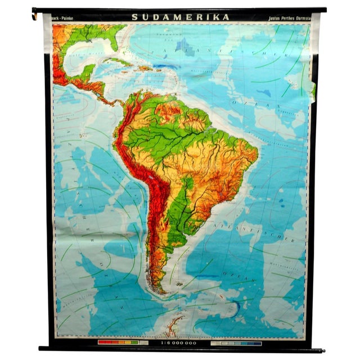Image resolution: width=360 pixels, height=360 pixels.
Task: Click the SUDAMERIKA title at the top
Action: [181, 17]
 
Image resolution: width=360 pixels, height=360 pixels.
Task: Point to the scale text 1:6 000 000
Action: [178, 341]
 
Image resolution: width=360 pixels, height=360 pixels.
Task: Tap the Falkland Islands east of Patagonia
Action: [191, 281]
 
